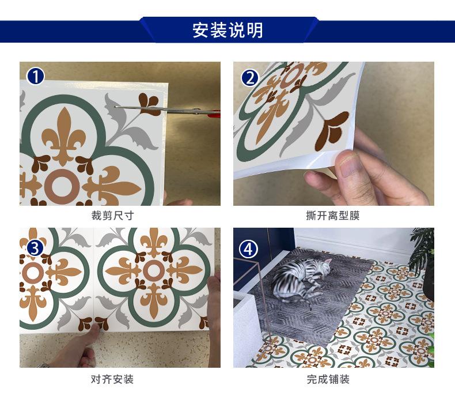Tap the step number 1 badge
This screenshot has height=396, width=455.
pyautogui.click(x=36, y=76)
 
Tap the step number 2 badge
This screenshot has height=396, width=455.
pyautogui.click(x=249, y=77)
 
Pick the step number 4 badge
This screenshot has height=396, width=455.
pyautogui.click(x=249, y=248)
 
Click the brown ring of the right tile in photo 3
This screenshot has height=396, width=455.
pyautogui.click(x=153, y=270)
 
